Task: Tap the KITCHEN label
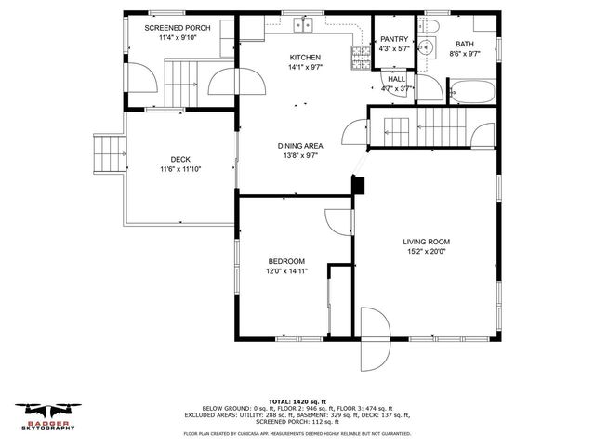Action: [x=304, y=58]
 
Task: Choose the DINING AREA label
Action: [x=300, y=146]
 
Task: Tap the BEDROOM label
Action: [x=285, y=261]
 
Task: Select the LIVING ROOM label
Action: [x=426, y=243]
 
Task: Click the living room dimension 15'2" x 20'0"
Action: [x=426, y=254]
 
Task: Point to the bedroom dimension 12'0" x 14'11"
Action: [x=285, y=272]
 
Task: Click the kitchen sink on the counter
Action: [x=304, y=24]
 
